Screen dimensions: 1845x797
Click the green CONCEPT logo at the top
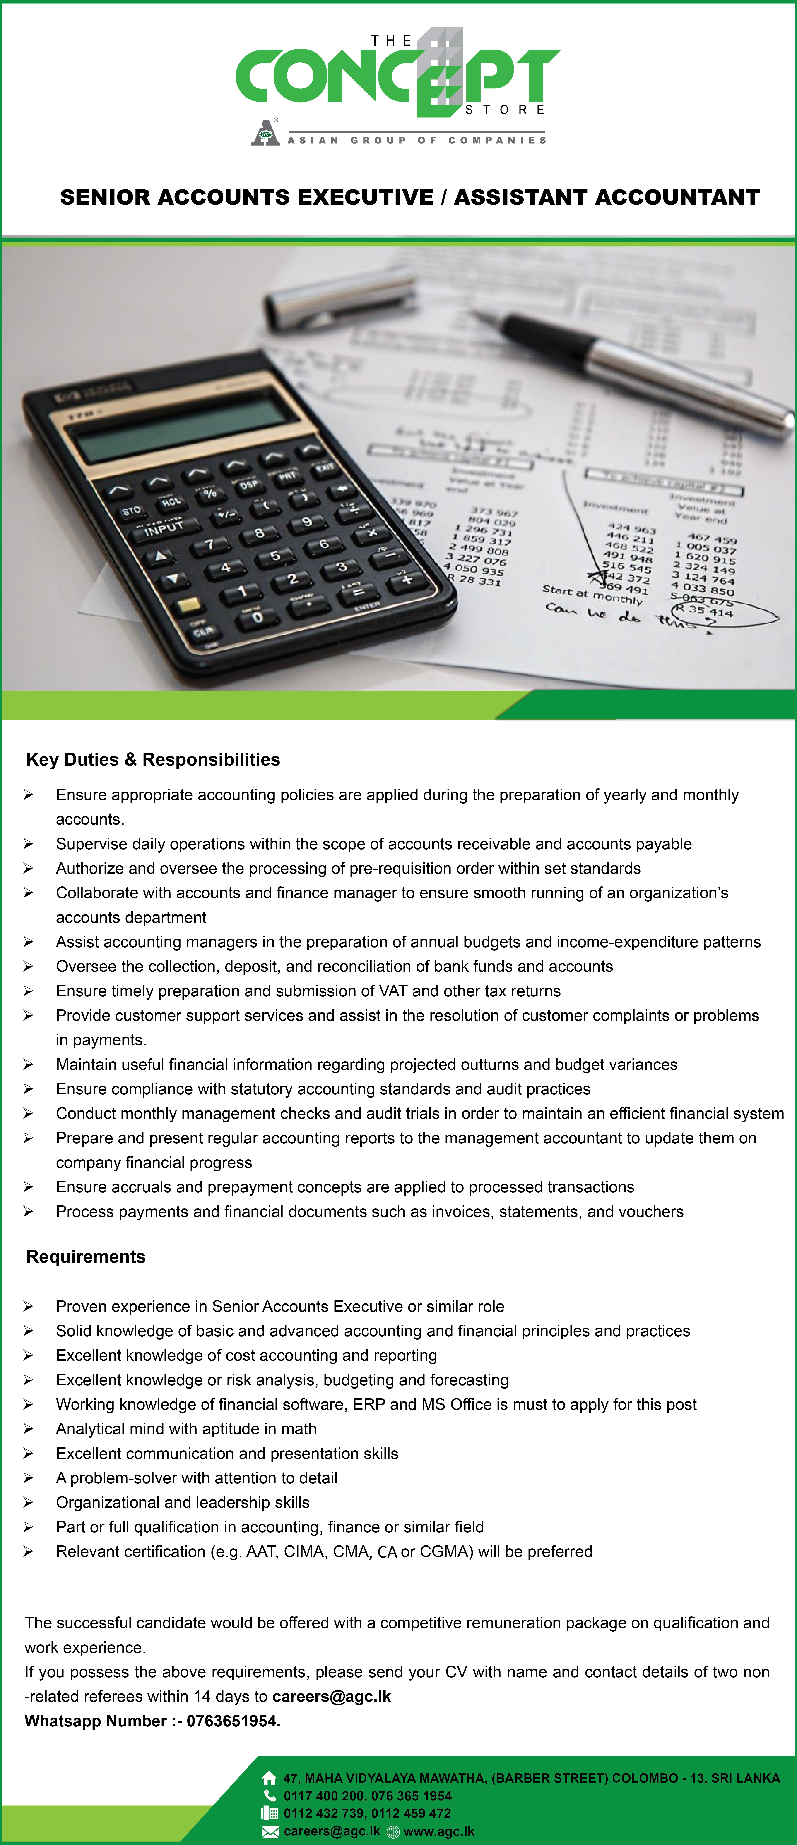click(x=398, y=75)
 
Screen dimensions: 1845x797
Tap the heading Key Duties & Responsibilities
click(x=153, y=759)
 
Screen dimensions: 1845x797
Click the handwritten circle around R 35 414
click(x=724, y=612)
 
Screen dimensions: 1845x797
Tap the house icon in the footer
click(x=269, y=1778)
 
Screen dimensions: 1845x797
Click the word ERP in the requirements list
click(x=368, y=1404)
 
